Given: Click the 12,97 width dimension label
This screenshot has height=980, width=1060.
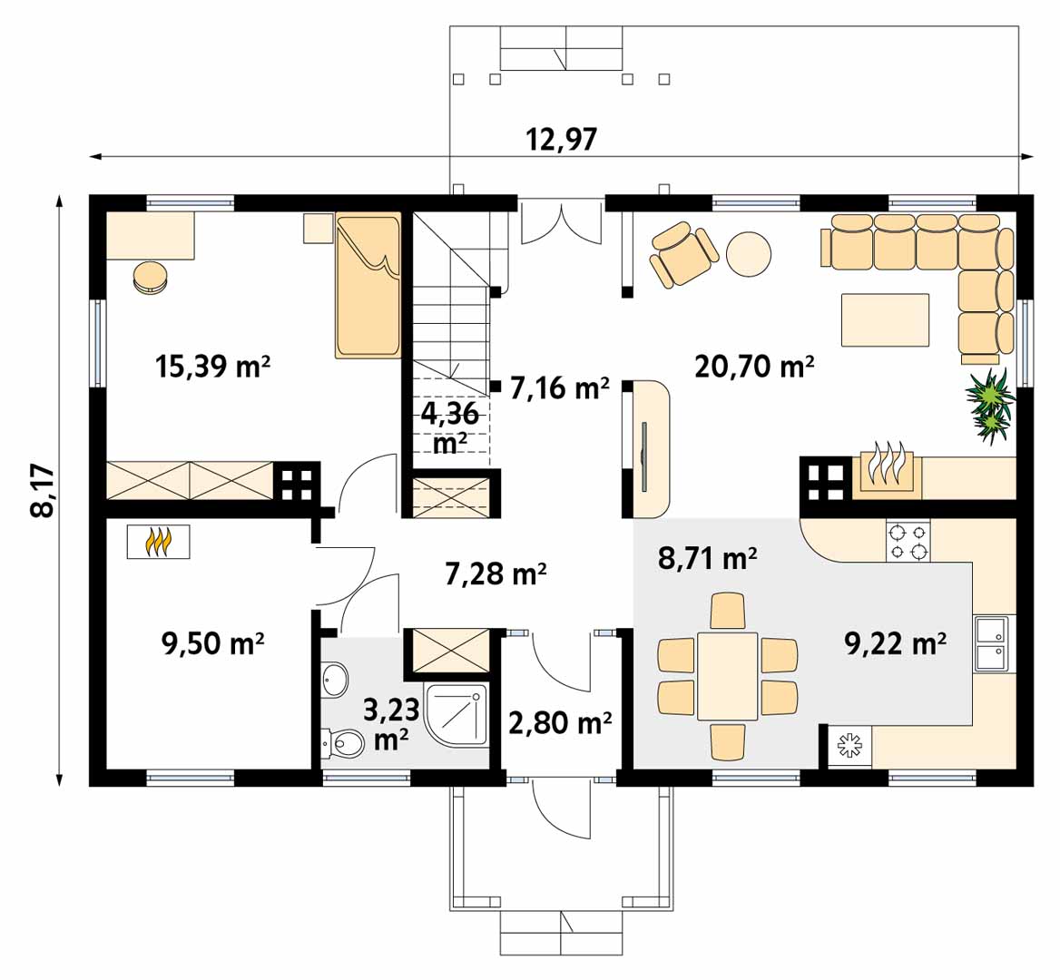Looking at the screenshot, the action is tap(561, 139).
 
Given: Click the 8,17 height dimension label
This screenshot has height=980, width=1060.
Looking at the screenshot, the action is tap(43, 490).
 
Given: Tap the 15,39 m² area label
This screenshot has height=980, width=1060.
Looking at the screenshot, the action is tap(213, 367).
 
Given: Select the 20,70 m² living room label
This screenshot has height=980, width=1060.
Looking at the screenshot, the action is tap(754, 367).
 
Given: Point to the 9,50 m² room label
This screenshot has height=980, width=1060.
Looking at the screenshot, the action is tap(213, 642).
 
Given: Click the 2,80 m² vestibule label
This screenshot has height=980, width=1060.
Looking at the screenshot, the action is tap(560, 723).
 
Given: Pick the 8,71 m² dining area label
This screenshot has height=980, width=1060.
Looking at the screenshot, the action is tap(707, 559).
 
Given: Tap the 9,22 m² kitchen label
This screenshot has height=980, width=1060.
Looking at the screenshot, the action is tap(895, 643).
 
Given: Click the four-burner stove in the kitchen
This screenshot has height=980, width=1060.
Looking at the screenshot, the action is tap(908, 542).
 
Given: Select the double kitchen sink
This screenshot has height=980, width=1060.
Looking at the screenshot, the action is tap(990, 644).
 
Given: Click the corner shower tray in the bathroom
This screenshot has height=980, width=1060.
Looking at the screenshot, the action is tap(456, 714).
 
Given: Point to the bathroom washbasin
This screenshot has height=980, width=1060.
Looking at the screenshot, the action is tap(335, 679).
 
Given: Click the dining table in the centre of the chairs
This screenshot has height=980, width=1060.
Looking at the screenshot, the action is tap(728, 676).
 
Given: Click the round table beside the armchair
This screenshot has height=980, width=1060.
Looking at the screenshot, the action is tap(749, 253).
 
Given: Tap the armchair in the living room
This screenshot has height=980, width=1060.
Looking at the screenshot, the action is tap(682, 253).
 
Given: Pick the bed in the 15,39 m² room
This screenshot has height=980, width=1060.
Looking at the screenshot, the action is tap(368, 286).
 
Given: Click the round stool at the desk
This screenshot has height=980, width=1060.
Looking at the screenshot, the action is tap(150, 277).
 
